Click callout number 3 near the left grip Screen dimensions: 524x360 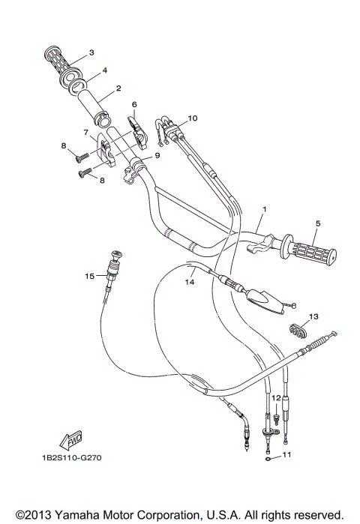(x=91, y=52)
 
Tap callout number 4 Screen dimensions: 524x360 (x=104, y=70)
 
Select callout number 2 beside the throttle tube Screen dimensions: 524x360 (x=118, y=89)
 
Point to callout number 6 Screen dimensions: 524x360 (x=134, y=104)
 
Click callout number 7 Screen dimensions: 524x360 (x=87, y=133)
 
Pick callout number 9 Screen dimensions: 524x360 (x=157, y=156)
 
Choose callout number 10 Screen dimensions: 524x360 (x=192, y=118)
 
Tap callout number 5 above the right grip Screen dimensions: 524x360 (x=317, y=223)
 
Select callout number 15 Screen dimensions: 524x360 (x=89, y=276)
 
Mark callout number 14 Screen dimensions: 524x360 (x=190, y=283)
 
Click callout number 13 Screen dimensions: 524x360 (x=313, y=316)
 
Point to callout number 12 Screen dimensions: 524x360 (x=275, y=397)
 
